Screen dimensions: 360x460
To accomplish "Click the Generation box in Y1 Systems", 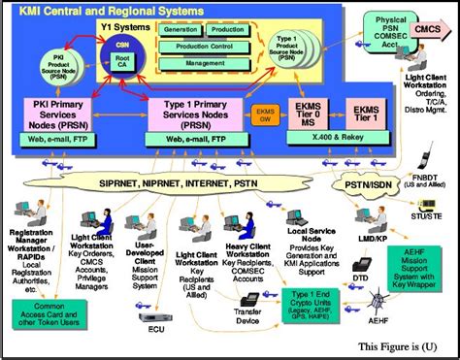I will (181, 29).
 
